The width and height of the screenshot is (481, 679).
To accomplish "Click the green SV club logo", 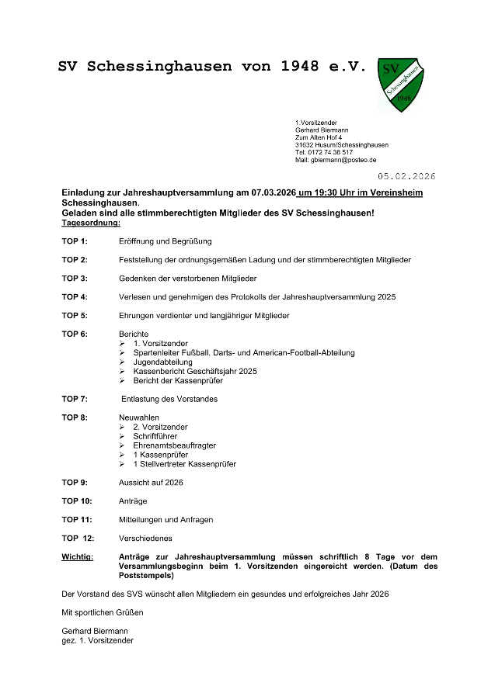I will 401,83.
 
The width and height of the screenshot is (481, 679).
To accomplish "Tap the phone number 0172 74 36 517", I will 329,152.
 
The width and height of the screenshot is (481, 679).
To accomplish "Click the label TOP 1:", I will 75,241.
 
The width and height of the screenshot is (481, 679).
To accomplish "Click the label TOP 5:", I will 75,316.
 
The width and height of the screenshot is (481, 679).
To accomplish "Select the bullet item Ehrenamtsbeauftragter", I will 174,445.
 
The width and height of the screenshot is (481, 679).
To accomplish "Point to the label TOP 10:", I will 77,501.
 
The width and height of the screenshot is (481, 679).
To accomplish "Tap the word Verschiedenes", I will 145,538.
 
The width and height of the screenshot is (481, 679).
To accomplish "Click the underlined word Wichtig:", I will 78,556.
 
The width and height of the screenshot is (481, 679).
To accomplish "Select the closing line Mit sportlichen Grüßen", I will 103,612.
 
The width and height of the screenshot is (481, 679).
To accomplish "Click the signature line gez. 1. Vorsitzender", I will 97,640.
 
